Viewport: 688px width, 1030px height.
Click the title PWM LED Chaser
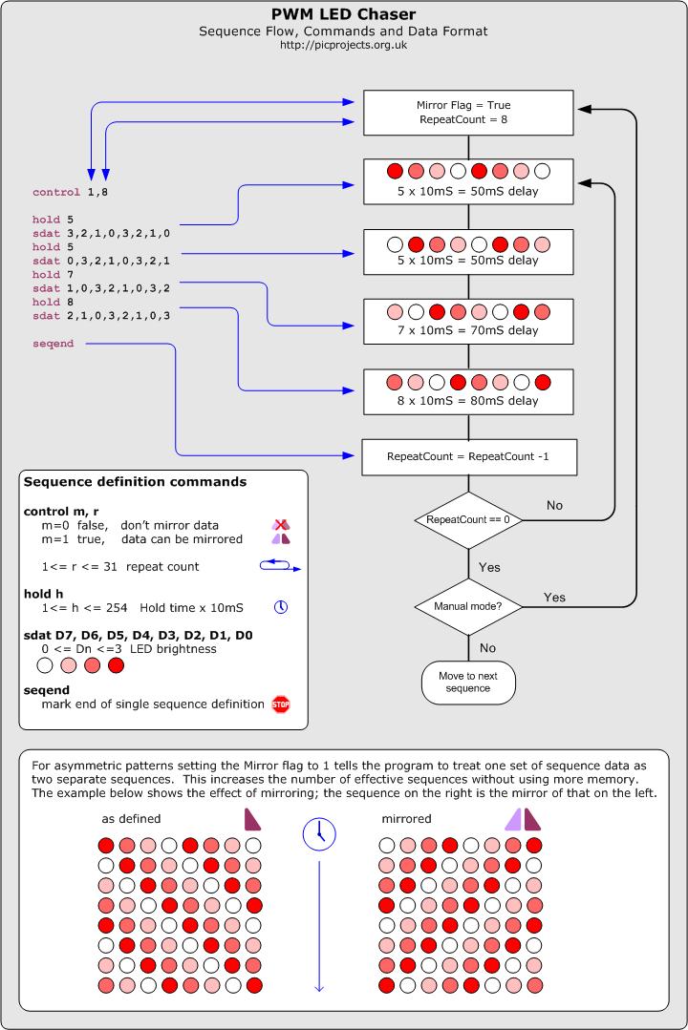[343, 13]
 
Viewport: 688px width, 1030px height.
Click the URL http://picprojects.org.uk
[343, 46]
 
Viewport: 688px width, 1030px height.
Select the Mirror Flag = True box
[467, 112]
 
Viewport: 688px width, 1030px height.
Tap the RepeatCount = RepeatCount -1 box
[467, 457]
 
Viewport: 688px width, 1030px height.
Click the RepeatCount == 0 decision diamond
[467, 520]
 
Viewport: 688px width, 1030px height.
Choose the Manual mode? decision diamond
[467, 606]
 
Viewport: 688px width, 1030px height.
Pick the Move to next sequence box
[467, 682]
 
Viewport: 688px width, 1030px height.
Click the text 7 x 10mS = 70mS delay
[467, 330]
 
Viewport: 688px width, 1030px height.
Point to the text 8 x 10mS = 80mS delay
[467, 401]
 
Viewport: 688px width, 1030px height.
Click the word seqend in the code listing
[53, 344]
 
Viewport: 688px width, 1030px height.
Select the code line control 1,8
[72, 192]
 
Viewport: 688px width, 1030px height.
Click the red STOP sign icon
[281, 705]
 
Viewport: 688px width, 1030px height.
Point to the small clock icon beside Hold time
[281, 607]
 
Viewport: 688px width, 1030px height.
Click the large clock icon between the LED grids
[319, 833]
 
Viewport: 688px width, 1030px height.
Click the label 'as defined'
[131, 819]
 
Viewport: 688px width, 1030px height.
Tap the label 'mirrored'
[406, 819]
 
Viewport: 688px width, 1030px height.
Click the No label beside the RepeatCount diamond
[554, 504]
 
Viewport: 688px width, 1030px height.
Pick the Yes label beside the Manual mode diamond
[554, 598]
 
